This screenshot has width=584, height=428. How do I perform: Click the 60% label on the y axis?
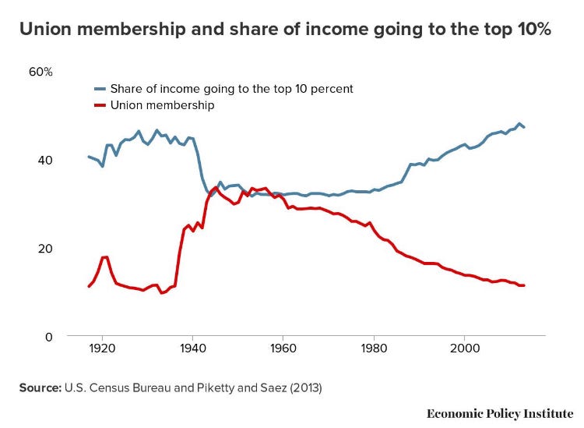coord(40,72)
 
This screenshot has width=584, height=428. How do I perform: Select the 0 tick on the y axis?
coord(47,337)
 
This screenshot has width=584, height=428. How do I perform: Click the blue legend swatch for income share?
coord(99,89)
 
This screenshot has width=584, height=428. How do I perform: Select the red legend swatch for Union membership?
coord(99,105)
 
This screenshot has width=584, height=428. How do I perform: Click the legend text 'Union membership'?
coord(162,105)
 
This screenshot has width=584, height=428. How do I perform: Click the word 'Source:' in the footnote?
coord(40,387)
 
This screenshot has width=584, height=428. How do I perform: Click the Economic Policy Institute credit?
coord(500,412)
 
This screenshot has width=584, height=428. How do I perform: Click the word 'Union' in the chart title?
coord(44,30)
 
